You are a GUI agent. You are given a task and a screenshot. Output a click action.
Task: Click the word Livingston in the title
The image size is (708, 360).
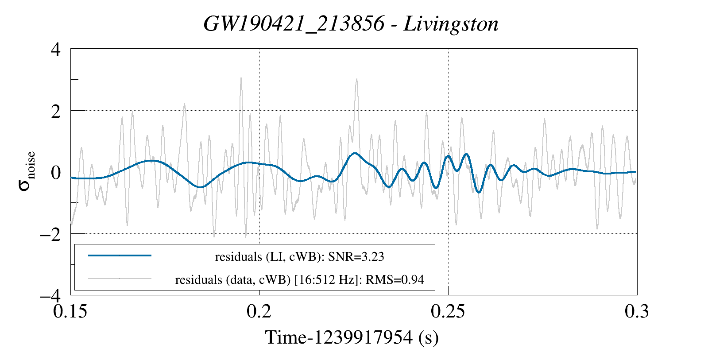451,24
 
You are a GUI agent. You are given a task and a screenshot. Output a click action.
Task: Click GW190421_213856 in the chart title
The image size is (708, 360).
294,24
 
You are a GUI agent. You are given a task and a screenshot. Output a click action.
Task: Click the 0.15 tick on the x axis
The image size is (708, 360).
71,311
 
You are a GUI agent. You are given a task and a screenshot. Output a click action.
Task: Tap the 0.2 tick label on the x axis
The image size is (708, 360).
259,311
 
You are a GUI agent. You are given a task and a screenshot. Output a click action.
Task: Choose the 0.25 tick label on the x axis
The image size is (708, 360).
448,311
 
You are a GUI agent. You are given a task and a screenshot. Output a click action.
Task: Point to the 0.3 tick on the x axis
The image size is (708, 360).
637,311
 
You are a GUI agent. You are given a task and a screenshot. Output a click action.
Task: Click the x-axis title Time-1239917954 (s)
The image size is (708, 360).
352,337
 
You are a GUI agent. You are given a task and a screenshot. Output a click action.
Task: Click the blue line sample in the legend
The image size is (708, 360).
120,255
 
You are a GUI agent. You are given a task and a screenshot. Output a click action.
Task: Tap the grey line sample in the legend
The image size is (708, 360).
120,279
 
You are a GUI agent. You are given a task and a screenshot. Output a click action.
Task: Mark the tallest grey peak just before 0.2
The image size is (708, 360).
241,78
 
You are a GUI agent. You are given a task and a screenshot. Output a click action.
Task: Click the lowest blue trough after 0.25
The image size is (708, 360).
479,192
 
